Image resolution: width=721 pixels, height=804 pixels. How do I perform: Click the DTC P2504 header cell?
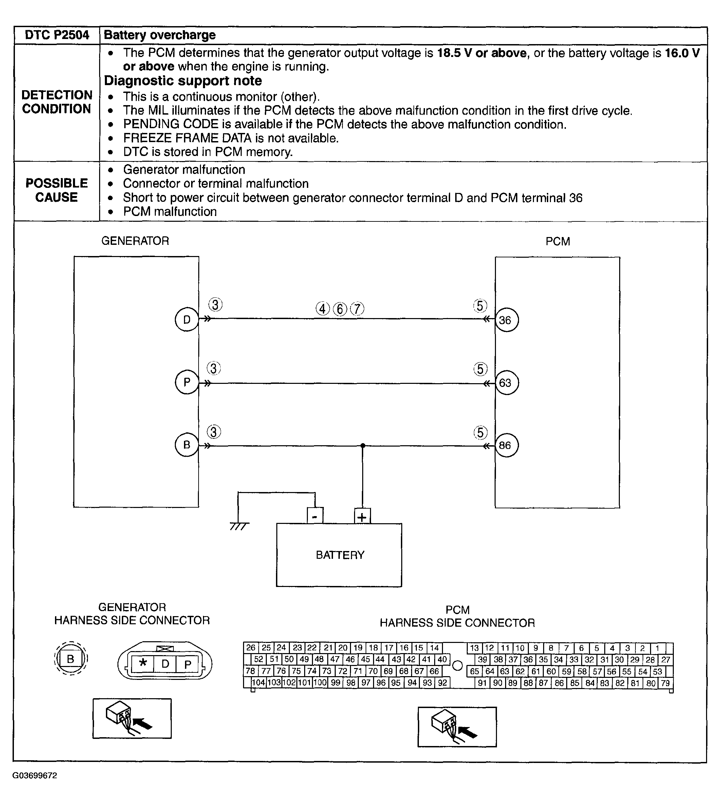pyautogui.click(x=57, y=35)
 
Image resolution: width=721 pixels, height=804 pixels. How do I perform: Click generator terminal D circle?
pyautogui.click(x=187, y=320)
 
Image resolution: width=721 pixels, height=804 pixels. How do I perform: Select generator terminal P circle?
pyautogui.click(x=187, y=382)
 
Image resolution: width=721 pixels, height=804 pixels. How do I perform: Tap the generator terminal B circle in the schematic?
pyautogui.click(x=187, y=445)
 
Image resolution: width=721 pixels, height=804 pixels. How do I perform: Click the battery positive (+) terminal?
pyautogui.click(x=362, y=517)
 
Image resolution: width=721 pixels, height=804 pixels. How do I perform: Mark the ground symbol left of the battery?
pyautogui.click(x=239, y=526)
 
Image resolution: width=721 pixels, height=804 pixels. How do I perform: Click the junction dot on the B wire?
pyautogui.click(x=363, y=446)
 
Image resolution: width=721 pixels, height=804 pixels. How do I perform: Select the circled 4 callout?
pyautogui.click(x=322, y=309)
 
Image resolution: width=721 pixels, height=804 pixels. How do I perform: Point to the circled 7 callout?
pyautogui.click(x=357, y=309)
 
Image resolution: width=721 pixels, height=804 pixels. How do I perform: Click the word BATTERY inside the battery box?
pyautogui.click(x=340, y=555)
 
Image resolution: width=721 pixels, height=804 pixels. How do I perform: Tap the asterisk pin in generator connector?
pyautogui.click(x=143, y=662)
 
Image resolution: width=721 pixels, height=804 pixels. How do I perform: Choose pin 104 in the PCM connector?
pyautogui.click(x=259, y=683)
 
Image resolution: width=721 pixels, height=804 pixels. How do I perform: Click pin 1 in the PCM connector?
pyautogui.click(x=657, y=648)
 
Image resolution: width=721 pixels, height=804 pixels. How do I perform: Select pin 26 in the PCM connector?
pyautogui.click(x=251, y=648)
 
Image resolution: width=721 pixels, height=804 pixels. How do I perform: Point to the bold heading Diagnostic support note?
pyautogui.click(x=183, y=81)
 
